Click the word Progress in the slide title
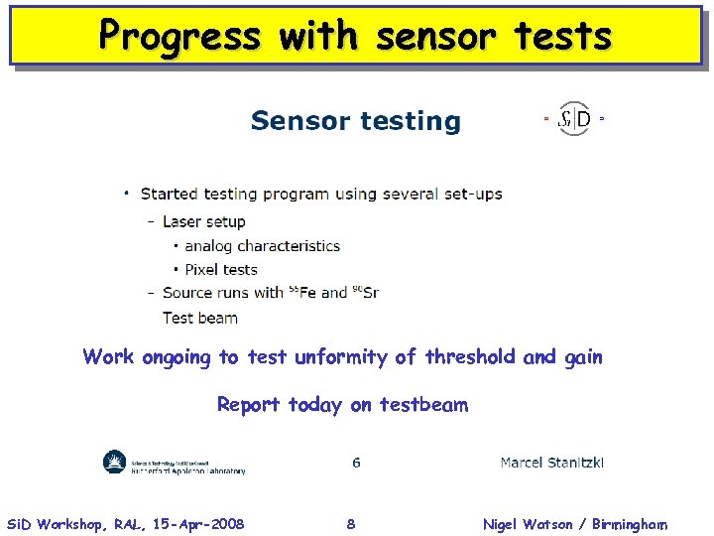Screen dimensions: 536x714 (x=179, y=36)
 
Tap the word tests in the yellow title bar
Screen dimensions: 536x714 (x=562, y=36)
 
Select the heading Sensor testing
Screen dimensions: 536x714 (x=355, y=121)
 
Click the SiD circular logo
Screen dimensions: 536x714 (x=574, y=120)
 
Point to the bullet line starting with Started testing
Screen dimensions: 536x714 (x=320, y=194)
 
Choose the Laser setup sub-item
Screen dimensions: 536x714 (x=203, y=221)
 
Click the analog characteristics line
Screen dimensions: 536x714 (x=262, y=245)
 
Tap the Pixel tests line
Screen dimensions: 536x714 (x=220, y=269)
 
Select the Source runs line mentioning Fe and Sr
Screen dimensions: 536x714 (x=270, y=293)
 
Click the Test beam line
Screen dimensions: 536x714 (x=200, y=318)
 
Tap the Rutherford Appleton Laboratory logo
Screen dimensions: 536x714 (x=174, y=463)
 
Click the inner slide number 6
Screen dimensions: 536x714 (x=356, y=463)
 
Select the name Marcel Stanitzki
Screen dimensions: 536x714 (x=552, y=463)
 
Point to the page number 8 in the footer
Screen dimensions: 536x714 (x=351, y=524)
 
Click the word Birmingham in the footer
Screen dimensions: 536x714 (x=631, y=524)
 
